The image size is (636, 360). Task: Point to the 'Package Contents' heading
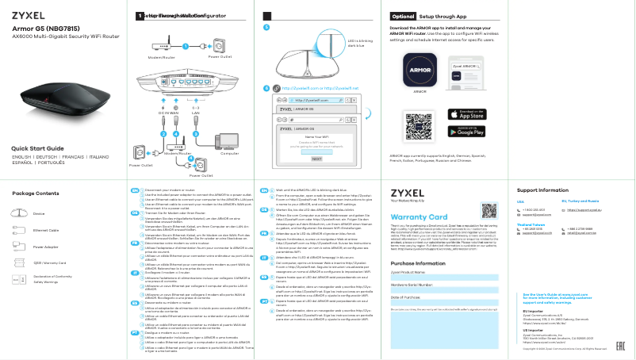click(36, 193)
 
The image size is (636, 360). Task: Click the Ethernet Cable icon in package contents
click(17, 230)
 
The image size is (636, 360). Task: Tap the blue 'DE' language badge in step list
click(134, 213)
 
